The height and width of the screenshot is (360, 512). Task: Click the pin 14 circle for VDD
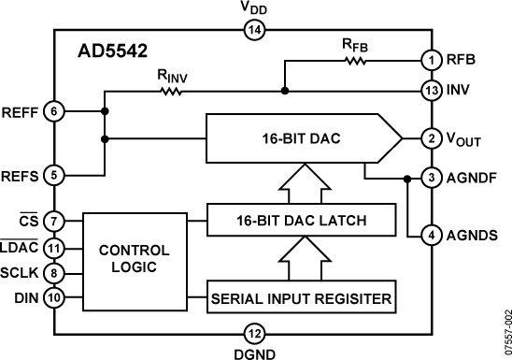pos(254,30)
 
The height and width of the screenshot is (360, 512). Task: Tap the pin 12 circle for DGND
pos(254,331)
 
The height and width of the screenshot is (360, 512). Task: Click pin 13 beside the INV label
pos(431,91)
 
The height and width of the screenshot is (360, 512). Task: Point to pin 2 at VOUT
pos(431,139)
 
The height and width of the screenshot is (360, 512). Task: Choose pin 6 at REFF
pos(54,111)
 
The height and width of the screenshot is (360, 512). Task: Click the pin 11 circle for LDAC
pos(54,250)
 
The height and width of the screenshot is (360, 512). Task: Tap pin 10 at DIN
pos(54,298)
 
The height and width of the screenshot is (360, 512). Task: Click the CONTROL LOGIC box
pos(134,259)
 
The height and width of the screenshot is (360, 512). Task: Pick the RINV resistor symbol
pos(172,92)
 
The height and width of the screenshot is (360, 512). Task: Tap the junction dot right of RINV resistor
pos(284,92)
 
